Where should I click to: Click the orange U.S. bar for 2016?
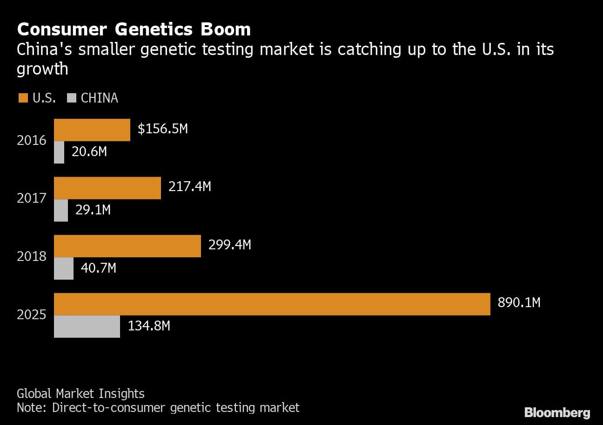click(92, 130)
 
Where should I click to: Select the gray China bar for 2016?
click(59, 152)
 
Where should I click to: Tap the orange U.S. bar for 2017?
click(107, 188)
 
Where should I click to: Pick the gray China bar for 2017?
click(61, 210)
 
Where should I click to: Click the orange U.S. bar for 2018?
click(127, 246)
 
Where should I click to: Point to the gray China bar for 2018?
click(64, 268)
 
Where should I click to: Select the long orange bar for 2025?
click(272, 304)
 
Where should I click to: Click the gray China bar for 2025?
click(87, 326)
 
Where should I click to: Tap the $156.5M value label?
click(163, 129)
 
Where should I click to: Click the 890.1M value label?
click(519, 303)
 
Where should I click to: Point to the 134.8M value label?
click(149, 326)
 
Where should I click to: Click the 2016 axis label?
click(32, 140)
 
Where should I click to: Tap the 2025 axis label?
click(32, 315)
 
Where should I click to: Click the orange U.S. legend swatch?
click(23, 98)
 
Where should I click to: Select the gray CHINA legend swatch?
click(72, 98)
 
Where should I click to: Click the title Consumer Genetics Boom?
click(134, 29)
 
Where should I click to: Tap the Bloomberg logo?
click(557, 412)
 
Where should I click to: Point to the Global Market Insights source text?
click(80, 394)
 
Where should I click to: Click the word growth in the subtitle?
click(42, 69)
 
